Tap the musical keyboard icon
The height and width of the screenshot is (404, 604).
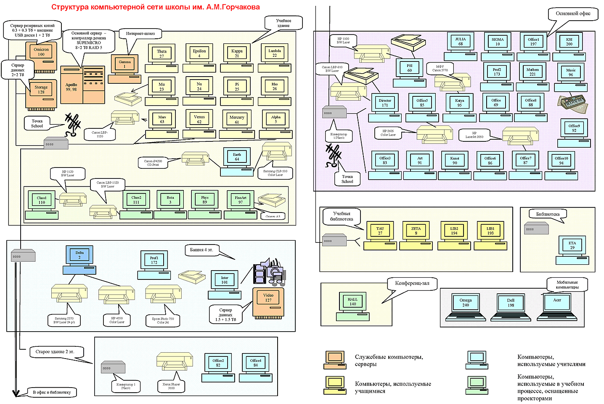572,102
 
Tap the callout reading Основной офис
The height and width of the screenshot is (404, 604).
573,14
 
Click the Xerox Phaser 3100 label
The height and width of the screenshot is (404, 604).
171,386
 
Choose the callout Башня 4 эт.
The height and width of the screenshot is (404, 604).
201,250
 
